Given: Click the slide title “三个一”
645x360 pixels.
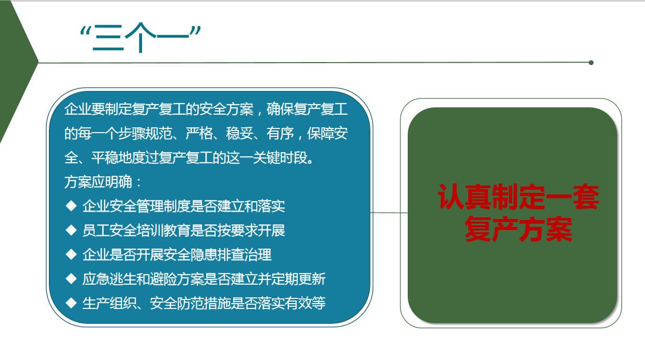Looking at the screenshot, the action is pyautogui.click(x=140, y=37).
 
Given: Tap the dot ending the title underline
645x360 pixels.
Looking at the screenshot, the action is pyautogui.click(x=591, y=63).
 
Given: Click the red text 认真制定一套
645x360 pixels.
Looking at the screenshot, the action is pyautogui.click(x=518, y=197).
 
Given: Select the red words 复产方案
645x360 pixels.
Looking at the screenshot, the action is pyautogui.click(x=518, y=229).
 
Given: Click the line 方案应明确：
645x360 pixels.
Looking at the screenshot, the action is pyautogui.click(x=103, y=182).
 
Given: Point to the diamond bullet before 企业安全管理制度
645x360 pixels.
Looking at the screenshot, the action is pyautogui.click(x=71, y=206).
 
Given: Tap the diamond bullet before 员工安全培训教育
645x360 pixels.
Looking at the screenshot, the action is pyautogui.click(x=71, y=230).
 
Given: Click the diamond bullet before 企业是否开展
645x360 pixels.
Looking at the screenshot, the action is pyautogui.click(x=71, y=254).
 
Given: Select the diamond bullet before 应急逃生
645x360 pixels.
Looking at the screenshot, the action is pyautogui.click(x=71, y=278).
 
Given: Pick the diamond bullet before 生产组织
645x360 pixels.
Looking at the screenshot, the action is pyautogui.click(x=71, y=303).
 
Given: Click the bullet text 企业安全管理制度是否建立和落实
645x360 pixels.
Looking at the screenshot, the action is pyautogui.click(x=184, y=206).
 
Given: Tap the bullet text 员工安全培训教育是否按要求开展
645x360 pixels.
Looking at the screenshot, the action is pyautogui.click(x=184, y=231).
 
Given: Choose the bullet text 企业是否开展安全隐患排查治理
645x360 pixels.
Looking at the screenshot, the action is pyautogui.click(x=177, y=255).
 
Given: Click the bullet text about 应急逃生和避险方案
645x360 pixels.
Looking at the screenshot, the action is pyautogui.click(x=204, y=279).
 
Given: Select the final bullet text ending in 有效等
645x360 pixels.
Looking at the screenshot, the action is pyautogui.click(x=204, y=303).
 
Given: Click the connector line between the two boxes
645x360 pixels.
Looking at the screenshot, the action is pyautogui.click(x=389, y=213).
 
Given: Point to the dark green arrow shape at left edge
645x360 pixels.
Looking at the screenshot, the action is pyautogui.click(x=16, y=69).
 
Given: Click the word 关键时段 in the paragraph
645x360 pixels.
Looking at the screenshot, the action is pyautogui.click(x=280, y=157).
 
